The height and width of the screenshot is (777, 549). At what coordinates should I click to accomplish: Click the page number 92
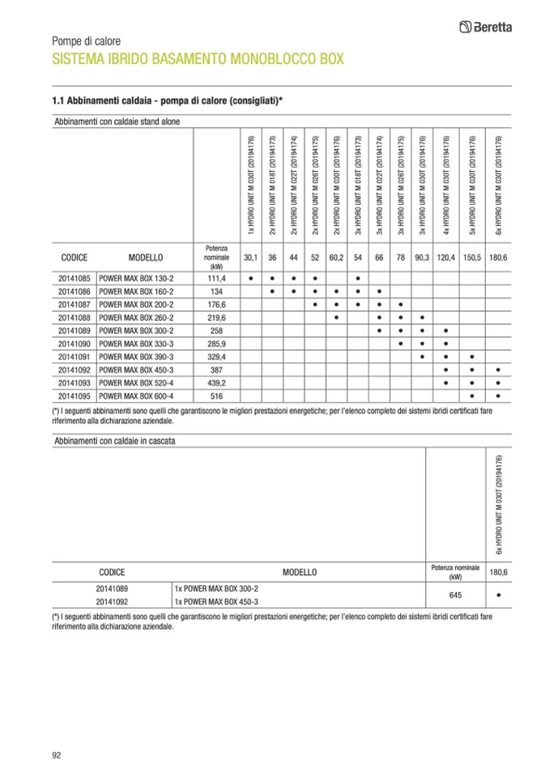(x=57, y=755)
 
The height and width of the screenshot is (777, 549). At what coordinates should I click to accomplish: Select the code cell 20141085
(x=74, y=278)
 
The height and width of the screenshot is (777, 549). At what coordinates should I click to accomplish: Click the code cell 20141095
(x=74, y=395)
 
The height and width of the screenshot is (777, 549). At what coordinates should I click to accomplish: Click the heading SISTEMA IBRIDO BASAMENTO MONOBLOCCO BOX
(x=198, y=59)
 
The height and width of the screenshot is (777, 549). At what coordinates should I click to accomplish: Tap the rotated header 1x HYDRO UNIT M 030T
(x=252, y=182)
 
